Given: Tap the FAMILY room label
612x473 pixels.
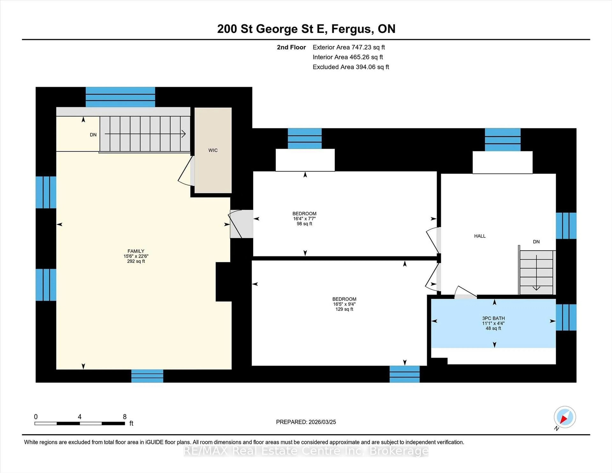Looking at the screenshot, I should [x=136, y=251].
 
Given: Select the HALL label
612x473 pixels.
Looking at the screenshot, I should [x=480, y=236].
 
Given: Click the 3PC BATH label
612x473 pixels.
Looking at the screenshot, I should [x=493, y=318].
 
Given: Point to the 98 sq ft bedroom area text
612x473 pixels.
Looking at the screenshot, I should [x=304, y=224].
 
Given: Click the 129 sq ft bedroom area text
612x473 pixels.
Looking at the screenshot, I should [x=344, y=309].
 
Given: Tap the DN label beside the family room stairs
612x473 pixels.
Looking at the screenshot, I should [x=93, y=135].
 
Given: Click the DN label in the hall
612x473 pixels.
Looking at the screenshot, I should [x=536, y=242].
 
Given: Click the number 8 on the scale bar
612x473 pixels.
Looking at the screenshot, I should [x=125, y=417].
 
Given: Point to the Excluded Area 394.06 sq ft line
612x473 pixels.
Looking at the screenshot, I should [x=351, y=67].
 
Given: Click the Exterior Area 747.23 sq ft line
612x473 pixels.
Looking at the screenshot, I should [x=349, y=47].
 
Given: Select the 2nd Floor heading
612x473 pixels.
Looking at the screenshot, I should [x=291, y=47].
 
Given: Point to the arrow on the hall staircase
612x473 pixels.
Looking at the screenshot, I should [x=536, y=273].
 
